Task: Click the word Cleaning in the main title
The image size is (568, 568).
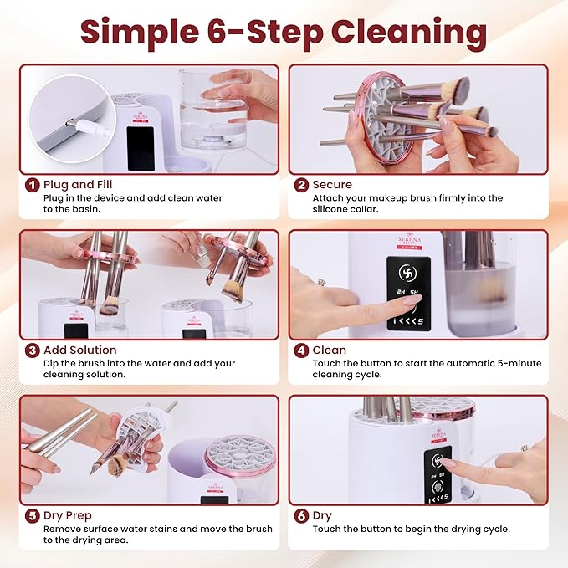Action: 409,33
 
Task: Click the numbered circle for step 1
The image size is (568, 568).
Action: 32,185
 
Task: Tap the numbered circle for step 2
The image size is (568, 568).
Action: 301,185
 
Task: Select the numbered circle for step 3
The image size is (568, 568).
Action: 32,350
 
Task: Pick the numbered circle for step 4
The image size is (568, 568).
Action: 301,350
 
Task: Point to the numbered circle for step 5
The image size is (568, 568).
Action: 32,515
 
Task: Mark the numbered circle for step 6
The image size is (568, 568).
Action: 301,515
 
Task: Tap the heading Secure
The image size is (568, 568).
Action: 332,185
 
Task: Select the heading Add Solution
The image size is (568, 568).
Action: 80,350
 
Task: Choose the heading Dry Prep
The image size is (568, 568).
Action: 68,515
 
